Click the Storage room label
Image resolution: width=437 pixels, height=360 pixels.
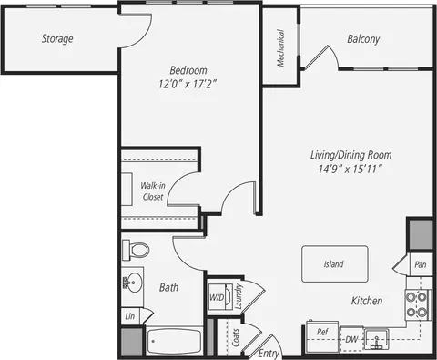tap(57, 38)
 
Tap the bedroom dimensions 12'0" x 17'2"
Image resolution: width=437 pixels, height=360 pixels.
tap(188, 84)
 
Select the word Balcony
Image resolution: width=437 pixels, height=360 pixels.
tap(363, 39)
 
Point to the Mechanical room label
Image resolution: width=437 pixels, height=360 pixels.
tap(280, 47)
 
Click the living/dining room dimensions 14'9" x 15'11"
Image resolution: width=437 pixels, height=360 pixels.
tap(350, 169)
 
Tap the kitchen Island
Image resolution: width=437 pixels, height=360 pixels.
tap(335, 264)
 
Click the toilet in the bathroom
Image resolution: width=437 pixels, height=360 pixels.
tap(136, 250)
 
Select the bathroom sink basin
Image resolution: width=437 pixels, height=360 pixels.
tap(133, 283)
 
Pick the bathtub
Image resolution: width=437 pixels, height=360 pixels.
tap(174, 341)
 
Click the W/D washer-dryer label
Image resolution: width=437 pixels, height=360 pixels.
tap(217, 297)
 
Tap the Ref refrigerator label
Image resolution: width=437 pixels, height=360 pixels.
tap(322, 332)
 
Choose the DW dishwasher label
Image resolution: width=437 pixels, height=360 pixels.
tap(351, 339)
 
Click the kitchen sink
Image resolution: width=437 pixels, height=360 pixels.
tap(377, 338)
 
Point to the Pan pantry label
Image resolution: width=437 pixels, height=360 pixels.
tap(421, 264)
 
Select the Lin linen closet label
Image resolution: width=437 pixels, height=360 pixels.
tap(130, 316)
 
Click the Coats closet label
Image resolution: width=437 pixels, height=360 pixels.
tap(236, 337)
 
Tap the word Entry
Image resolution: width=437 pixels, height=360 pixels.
tap(269, 354)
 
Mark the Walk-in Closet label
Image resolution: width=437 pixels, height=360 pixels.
tap(153, 191)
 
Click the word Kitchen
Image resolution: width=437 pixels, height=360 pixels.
tap(367, 301)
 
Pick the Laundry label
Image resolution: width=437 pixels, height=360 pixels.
tap(239, 296)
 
